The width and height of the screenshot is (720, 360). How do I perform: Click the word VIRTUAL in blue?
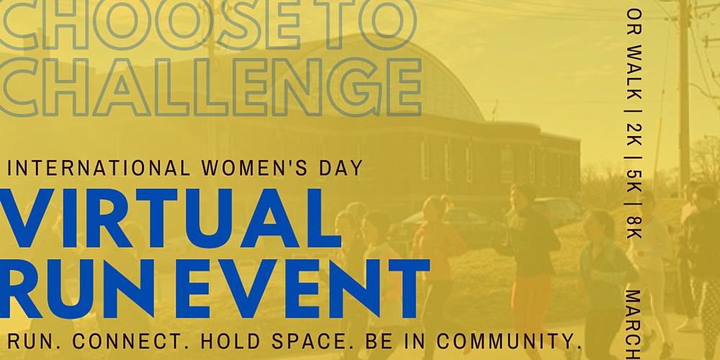tap(170, 218)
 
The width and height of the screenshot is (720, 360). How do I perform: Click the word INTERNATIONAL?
tap(99, 168)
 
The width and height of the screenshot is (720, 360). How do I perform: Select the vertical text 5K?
tap(634, 181)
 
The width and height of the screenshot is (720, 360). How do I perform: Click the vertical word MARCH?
tap(634, 324)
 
